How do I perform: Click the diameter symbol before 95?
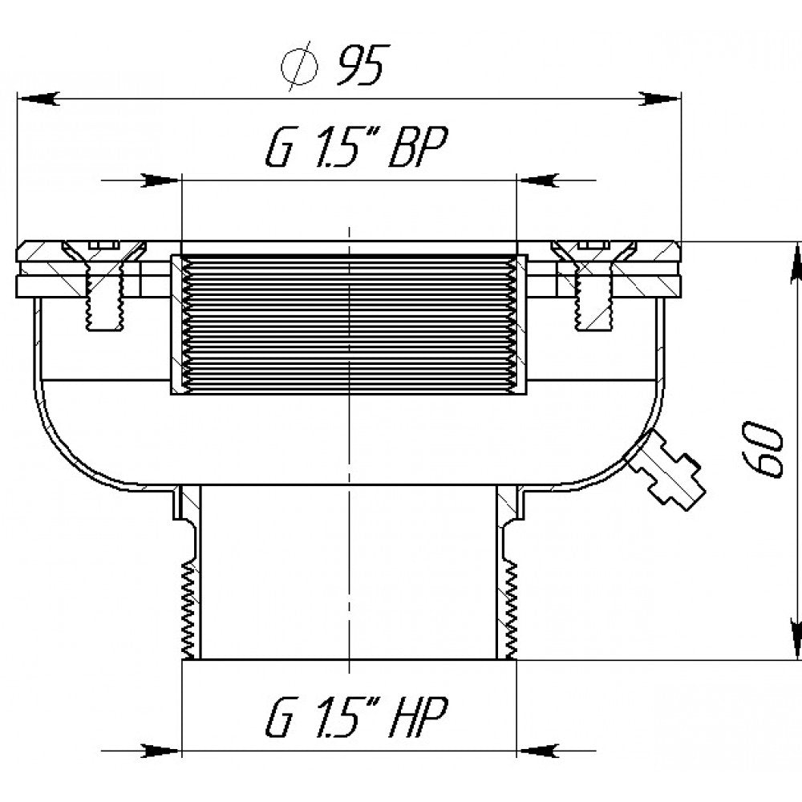(x=299, y=67)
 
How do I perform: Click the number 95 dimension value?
(x=360, y=65)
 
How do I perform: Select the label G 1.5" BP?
(x=357, y=147)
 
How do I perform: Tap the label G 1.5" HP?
(x=357, y=716)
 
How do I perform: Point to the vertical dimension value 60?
(x=763, y=450)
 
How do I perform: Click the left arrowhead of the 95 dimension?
(x=38, y=99)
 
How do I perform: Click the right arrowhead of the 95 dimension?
(x=660, y=99)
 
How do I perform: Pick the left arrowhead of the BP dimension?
(x=161, y=180)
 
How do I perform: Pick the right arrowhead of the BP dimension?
(x=537, y=180)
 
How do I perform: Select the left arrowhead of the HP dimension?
(x=161, y=751)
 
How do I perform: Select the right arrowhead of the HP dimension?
(x=537, y=751)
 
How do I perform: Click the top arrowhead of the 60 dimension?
(x=796, y=262)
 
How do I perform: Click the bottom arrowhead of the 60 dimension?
(x=796, y=639)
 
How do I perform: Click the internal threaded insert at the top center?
(x=349, y=325)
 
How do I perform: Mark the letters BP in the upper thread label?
(x=418, y=147)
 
